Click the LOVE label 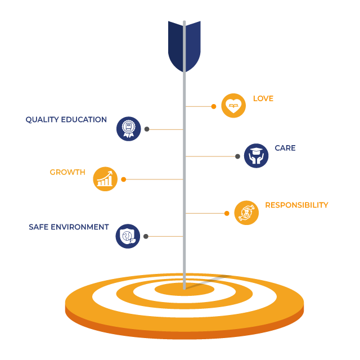[263, 98]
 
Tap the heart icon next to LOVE [233, 105]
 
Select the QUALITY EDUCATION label [66, 120]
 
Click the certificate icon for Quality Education [128, 128]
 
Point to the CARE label [285, 148]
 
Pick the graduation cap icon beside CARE [256, 156]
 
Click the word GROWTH [67, 172]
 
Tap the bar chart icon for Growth [105, 179]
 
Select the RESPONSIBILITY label [296, 205]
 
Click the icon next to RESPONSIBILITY [246, 213]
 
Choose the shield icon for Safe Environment [128, 236]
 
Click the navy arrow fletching [184, 45]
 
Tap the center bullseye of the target [184, 290]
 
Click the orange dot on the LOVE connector [214, 106]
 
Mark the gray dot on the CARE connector [237, 156]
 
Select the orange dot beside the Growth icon [124, 179]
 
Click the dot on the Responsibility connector [227, 213]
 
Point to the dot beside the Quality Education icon [147, 129]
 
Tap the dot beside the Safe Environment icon [146, 236]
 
